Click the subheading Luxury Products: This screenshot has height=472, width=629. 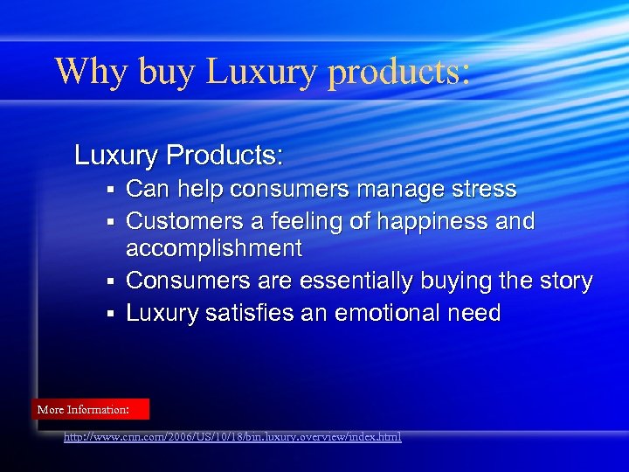pos(179,156)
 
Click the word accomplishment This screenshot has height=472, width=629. pos(214,249)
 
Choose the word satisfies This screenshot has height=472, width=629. pos(253,313)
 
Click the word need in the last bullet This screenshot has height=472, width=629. pos(475,313)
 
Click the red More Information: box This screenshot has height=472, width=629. pos(92,409)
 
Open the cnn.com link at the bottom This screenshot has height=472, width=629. pos(232,436)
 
